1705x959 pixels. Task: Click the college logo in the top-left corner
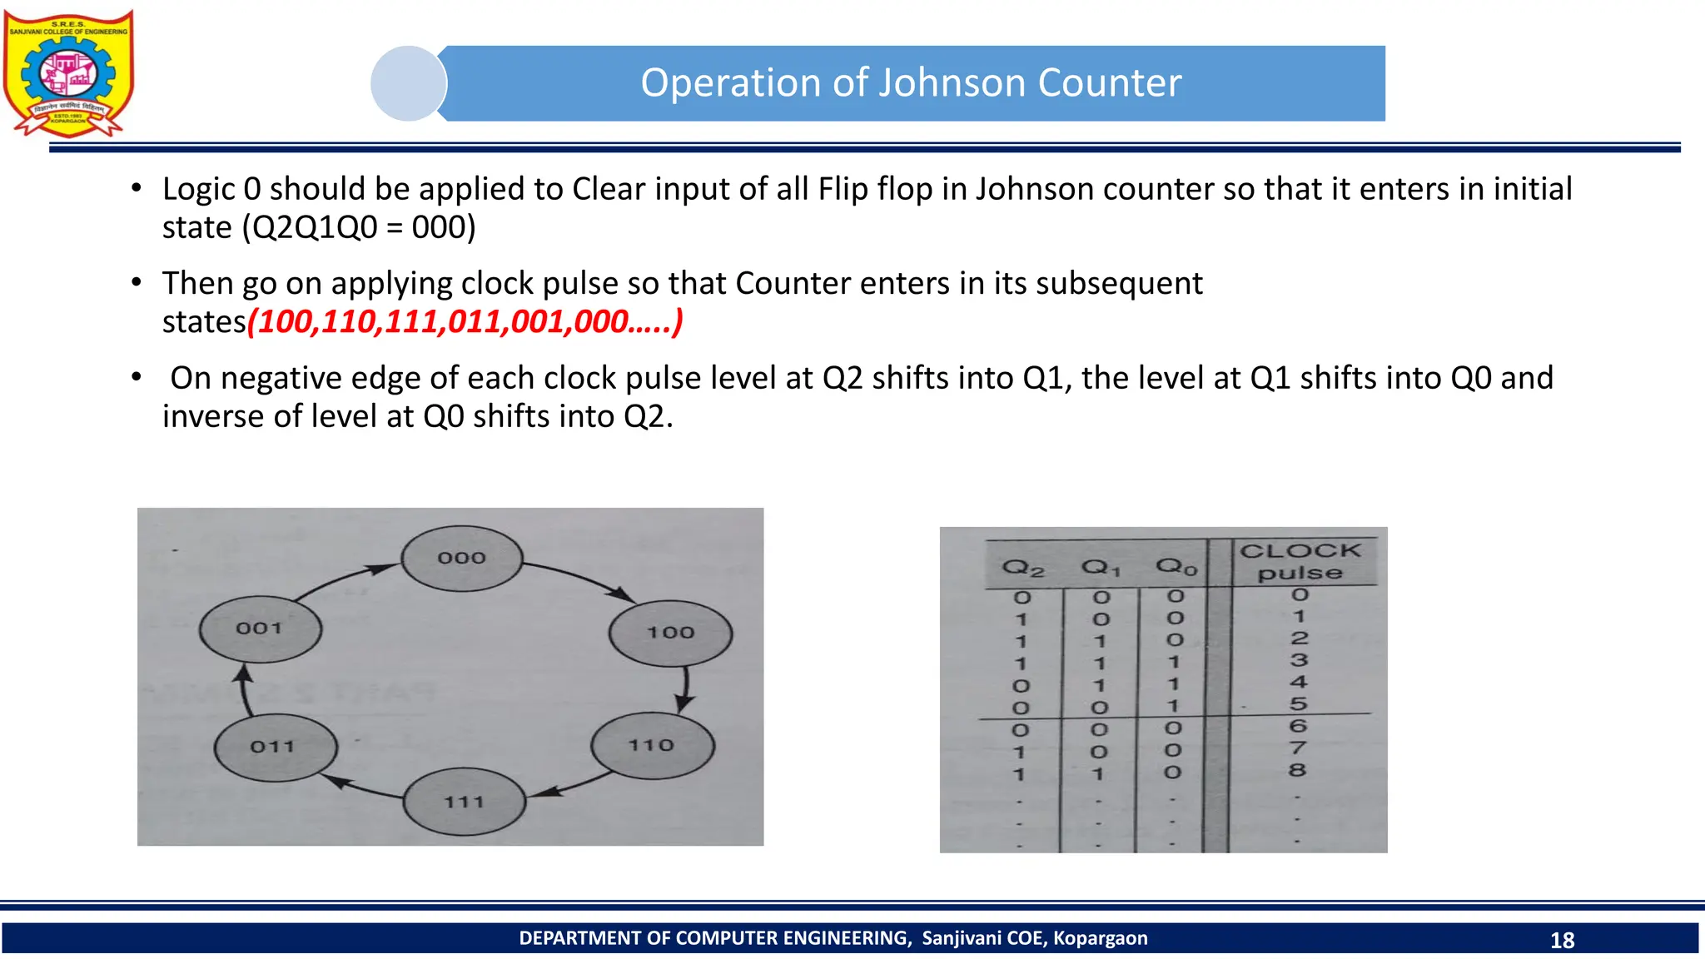click(x=68, y=73)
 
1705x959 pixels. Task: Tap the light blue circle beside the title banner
click(x=408, y=83)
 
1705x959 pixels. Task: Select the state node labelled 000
click(x=462, y=559)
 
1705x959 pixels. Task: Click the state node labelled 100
click(x=670, y=633)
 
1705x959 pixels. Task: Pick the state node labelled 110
click(x=652, y=745)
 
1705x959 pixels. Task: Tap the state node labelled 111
click(x=465, y=802)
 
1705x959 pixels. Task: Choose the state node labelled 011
click(x=275, y=747)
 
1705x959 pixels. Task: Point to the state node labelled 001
click(x=260, y=629)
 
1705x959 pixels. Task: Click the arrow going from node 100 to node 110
click(x=685, y=689)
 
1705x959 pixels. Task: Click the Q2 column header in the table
click(x=1022, y=569)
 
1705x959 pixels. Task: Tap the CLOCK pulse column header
click(x=1300, y=562)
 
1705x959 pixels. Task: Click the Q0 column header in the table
click(x=1176, y=567)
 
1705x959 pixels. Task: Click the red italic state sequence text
click(x=465, y=321)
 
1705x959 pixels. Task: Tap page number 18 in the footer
click(x=1562, y=940)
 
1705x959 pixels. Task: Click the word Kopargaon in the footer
click(x=1100, y=938)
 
